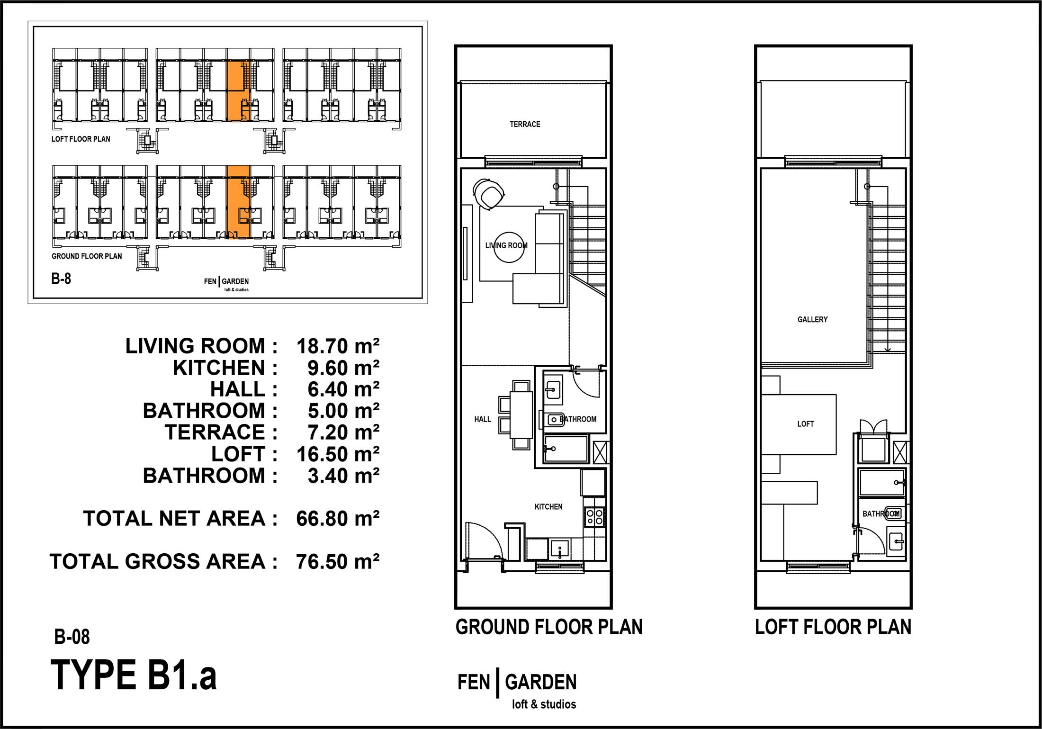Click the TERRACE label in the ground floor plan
coord(525,124)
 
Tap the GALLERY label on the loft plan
coord(812,320)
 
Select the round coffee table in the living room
coord(509,247)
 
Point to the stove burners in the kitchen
coord(595,516)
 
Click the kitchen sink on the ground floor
coord(560,549)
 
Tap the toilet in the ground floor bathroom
coord(555,420)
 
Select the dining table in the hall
coord(521,414)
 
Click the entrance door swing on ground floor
coord(483,540)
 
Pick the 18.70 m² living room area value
coord(338,346)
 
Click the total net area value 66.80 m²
coord(338,519)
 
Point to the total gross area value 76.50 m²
coord(338,562)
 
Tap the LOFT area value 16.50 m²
coord(338,454)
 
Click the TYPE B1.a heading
coord(134,675)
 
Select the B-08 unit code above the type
coord(72,637)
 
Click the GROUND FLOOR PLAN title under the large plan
coord(549,627)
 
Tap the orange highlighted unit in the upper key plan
coord(238,91)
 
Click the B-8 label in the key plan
coord(61,279)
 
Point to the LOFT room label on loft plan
coord(805,424)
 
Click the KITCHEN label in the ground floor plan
coord(548,507)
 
